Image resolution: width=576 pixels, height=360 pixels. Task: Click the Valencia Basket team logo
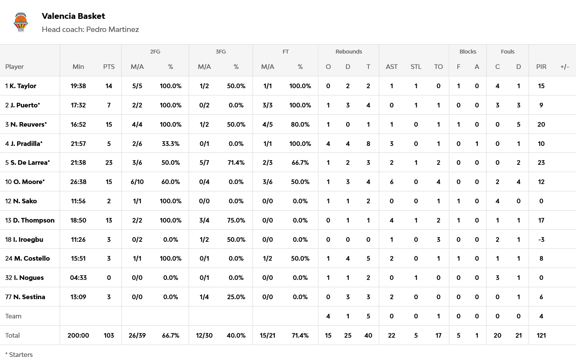pos(21,22)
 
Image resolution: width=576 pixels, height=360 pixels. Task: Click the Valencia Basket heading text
pos(73,16)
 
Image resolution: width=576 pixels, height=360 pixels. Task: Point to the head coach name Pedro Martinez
pos(112,30)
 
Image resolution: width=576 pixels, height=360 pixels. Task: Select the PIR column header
pos(541,67)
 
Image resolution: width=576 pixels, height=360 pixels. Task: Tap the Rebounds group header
pos(348,52)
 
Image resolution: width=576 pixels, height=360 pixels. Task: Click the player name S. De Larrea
pos(30,162)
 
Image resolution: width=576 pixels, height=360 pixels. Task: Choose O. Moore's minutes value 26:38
pos(78,182)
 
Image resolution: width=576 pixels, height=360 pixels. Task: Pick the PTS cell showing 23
pos(109,162)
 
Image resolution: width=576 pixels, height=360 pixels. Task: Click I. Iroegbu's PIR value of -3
pos(541,239)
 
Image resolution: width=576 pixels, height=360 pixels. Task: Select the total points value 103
pos(109,335)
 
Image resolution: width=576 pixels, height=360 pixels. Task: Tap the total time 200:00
pos(78,335)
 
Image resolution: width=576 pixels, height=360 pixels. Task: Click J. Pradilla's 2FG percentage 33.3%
pos(170,144)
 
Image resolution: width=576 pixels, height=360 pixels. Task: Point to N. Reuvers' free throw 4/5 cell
pos(268,124)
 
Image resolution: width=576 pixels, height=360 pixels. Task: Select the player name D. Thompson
pos(33,220)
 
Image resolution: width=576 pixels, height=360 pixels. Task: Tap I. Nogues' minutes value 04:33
pos(78,278)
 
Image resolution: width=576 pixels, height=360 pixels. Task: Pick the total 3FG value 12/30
pos(204,335)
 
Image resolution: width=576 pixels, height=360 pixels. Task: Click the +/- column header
pos(564,67)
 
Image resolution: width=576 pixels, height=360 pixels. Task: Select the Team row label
pos(13,316)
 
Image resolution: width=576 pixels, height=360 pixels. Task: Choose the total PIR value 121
pos(541,335)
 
